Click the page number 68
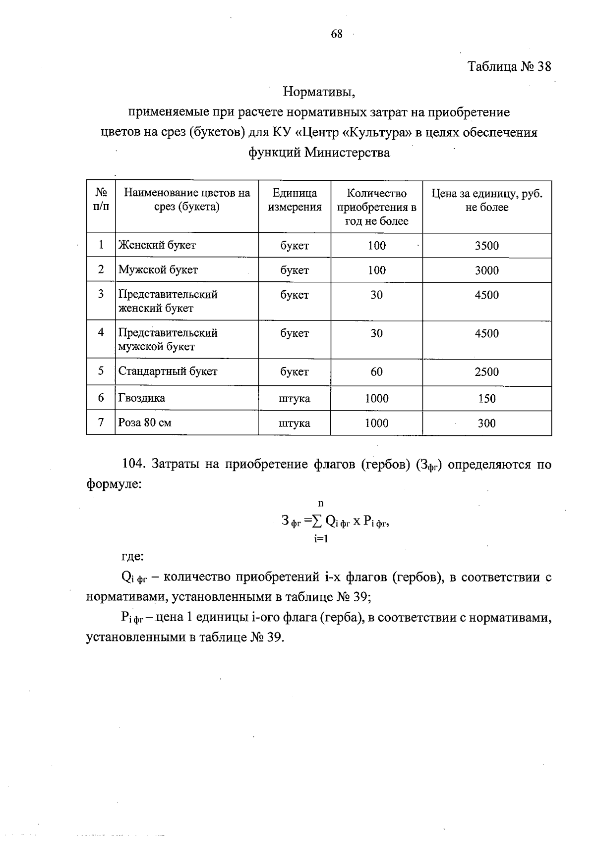click(337, 34)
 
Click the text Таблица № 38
click(509, 66)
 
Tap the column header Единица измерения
click(295, 200)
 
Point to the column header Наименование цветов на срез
click(187, 200)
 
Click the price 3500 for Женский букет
click(486, 246)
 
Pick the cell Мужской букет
click(158, 270)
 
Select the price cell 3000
click(486, 270)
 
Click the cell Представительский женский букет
click(168, 301)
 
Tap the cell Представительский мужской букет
click(168, 340)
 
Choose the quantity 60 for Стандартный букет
click(376, 372)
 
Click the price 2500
click(486, 372)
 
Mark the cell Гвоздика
click(142, 398)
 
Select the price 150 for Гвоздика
click(486, 399)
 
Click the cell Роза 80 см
click(145, 423)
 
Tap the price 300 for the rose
click(486, 423)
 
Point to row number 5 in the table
click(101, 371)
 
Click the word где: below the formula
click(132, 557)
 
